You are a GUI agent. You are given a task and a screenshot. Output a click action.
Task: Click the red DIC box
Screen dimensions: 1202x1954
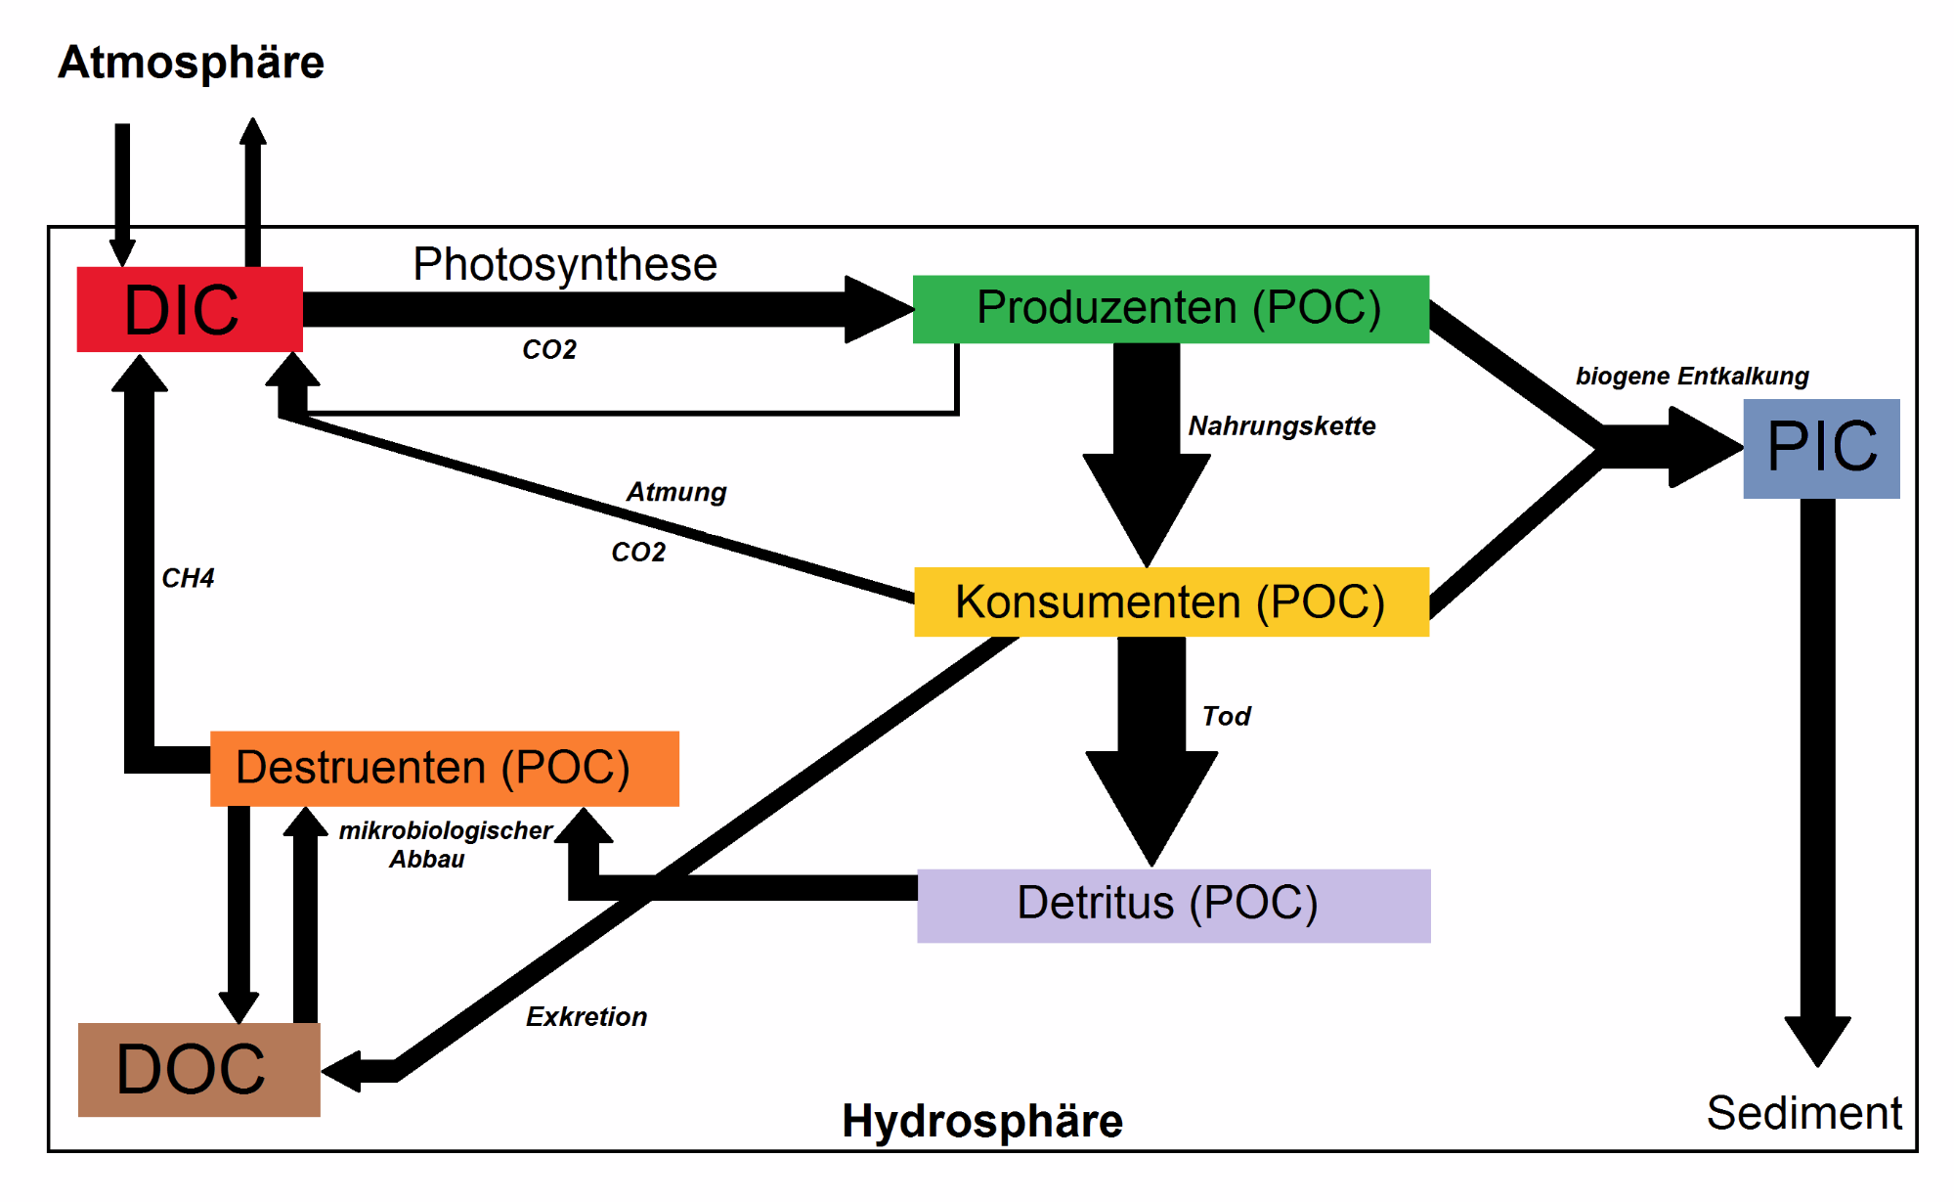[190, 309]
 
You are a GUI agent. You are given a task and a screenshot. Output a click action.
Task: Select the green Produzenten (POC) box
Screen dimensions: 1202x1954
[1170, 309]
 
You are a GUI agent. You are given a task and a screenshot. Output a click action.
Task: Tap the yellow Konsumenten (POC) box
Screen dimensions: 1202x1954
[1171, 601]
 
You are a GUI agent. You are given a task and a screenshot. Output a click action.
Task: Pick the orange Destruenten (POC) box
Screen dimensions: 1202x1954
[444, 768]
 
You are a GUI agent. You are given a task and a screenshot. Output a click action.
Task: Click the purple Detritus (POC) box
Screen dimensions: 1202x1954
[1173, 905]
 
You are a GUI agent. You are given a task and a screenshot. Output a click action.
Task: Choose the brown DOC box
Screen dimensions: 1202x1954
[198, 1069]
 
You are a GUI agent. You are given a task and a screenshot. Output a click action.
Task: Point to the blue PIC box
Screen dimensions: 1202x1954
[1821, 448]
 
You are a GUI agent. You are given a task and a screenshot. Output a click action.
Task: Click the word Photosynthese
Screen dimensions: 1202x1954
[565, 264]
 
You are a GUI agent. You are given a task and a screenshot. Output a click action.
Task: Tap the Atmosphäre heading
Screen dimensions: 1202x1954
[191, 63]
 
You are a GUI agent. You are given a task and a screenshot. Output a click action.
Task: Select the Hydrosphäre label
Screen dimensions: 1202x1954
[982, 1121]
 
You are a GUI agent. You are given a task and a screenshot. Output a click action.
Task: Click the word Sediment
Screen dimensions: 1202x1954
[1803, 1113]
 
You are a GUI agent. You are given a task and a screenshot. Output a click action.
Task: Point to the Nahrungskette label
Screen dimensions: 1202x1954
[1281, 426]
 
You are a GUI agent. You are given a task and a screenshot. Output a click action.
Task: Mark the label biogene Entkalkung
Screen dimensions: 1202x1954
[1692, 377]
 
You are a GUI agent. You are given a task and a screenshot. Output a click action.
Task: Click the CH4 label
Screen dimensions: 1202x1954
[188, 578]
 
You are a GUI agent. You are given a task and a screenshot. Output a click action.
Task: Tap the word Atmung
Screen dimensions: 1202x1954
[676, 492]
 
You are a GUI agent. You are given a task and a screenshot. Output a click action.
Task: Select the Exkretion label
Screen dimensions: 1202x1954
[586, 1017]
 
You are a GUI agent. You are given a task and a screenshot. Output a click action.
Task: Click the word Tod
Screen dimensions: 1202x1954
[1226, 716]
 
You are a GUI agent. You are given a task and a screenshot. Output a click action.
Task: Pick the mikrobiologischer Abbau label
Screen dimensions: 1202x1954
[445, 844]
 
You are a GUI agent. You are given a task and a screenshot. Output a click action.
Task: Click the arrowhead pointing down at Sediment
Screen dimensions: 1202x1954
[1817, 1040]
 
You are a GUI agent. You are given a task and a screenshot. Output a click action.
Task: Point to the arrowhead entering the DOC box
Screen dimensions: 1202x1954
[343, 1071]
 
